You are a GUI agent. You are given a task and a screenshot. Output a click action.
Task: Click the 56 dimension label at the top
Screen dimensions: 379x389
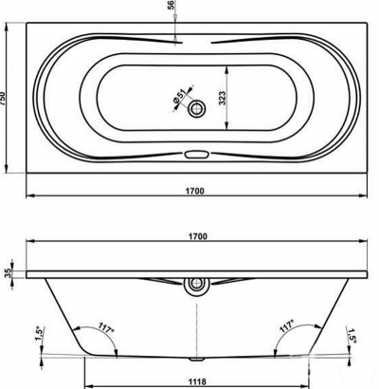[x=171, y=5]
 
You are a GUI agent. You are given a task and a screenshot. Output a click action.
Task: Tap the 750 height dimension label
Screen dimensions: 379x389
[x=3, y=99]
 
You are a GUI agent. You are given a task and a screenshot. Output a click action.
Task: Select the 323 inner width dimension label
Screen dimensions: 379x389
[x=223, y=98]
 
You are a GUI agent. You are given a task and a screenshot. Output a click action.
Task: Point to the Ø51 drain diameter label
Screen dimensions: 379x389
[x=179, y=96]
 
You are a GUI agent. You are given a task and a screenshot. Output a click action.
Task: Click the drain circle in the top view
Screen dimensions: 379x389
[x=197, y=109]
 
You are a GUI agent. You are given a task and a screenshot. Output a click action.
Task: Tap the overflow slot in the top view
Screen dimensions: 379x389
[x=197, y=155]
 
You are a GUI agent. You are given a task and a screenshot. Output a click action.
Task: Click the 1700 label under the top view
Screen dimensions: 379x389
[x=194, y=191]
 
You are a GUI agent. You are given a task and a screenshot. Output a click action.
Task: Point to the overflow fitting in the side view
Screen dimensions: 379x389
[x=197, y=287]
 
